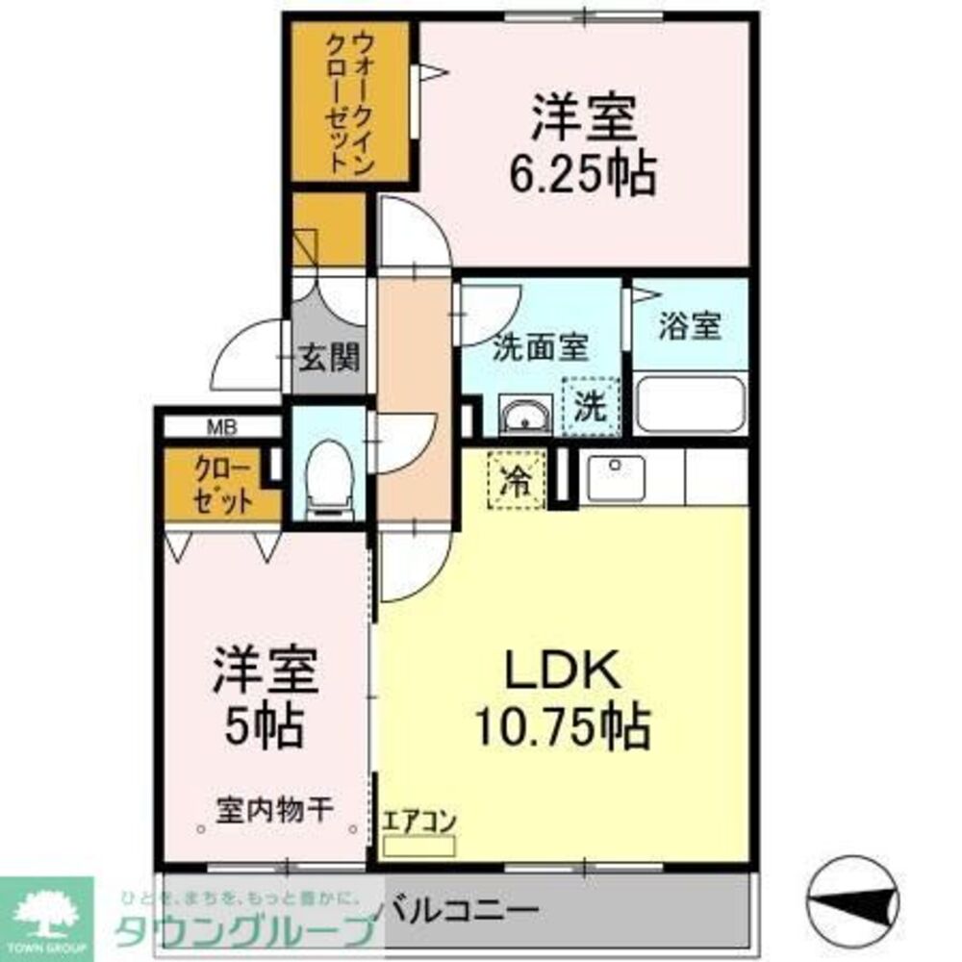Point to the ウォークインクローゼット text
(350, 102)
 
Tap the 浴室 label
(689, 326)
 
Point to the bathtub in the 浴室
(690, 404)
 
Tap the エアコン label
(418, 823)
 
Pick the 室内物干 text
(274, 809)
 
